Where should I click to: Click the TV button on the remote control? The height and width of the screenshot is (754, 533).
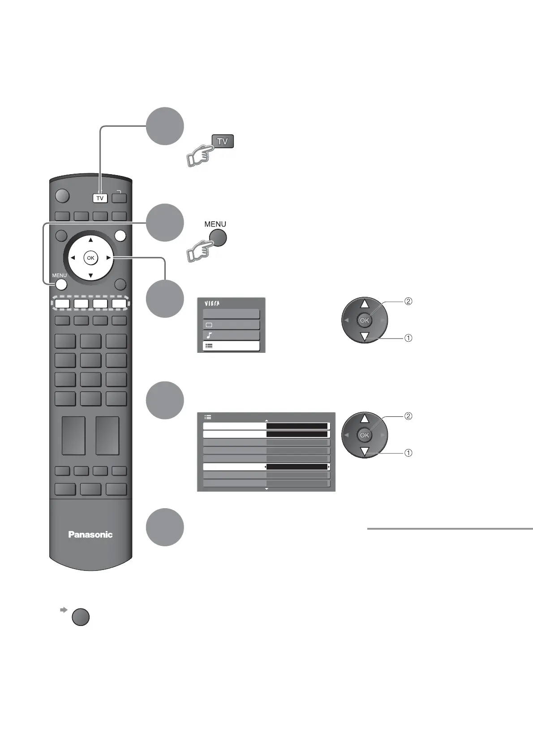pyautogui.click(x=100, y=198)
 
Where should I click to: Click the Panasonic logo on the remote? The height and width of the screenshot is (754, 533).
pyautogui.click(x=90, y=534)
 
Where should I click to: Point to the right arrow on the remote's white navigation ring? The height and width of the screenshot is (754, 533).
pyautogui.click(x=108, y=258)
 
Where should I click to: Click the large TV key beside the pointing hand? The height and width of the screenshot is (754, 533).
pyautogui.click(x=223, y=141)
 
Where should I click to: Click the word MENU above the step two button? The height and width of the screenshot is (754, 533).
pyautogui.click(x=215, y=224)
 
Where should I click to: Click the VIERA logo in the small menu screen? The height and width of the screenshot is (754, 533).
pyautogui.click(x=212, y=304)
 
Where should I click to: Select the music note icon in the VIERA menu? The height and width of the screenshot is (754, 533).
pyautogui.click(x=209, y=335)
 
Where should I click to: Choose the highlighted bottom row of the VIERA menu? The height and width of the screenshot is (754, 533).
pyautogui.click(x=231, y=346)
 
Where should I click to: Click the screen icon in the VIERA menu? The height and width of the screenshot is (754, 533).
pyautogui.click(x=209, y=325)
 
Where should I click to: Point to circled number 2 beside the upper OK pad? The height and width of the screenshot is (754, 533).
pyautogui.click(x=408, y=301)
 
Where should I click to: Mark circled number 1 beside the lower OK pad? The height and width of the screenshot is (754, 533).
pyautogui.click(x=408, y=453)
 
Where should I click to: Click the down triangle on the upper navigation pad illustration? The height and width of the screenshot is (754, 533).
pyautogui.click(x=365, y=337)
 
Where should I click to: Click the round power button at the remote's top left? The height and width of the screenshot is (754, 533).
pyautogui.click(x=63, y=197)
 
